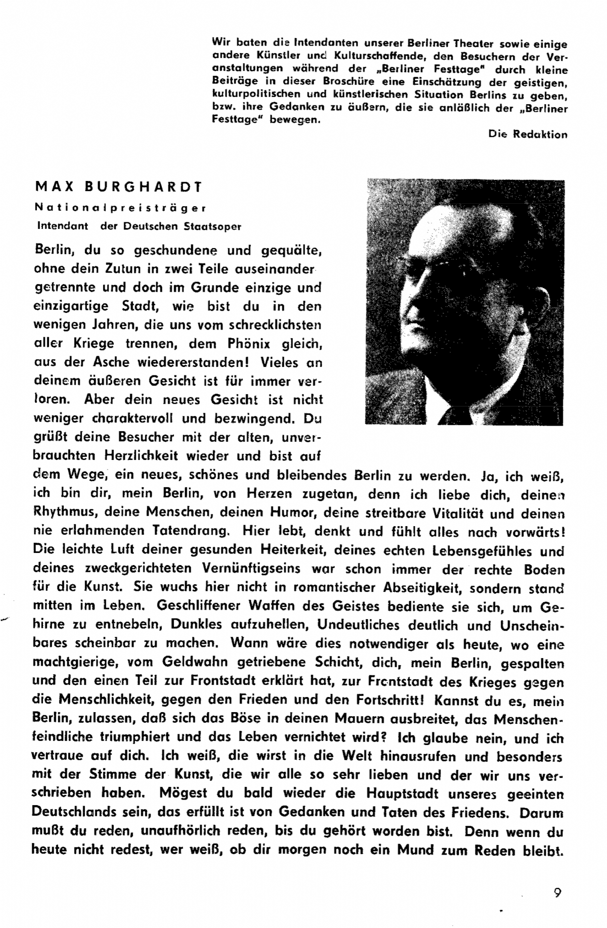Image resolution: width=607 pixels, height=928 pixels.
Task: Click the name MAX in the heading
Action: [x=52, y=187]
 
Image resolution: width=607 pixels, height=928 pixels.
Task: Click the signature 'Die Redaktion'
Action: [x=528, y=134]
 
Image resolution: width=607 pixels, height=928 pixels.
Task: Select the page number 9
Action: [x=557, y=893]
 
